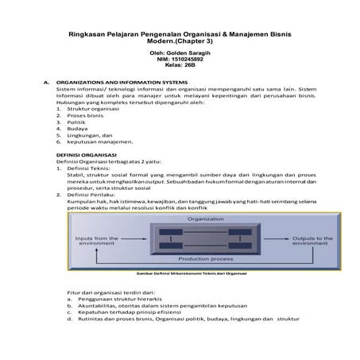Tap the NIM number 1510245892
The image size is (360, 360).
[x=189, y=58]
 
